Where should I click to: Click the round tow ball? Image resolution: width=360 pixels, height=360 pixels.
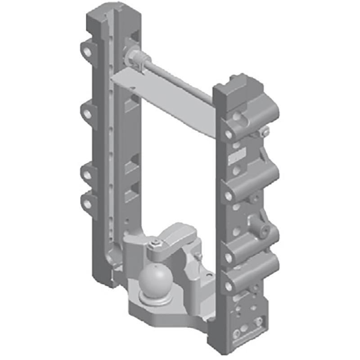point(153,282)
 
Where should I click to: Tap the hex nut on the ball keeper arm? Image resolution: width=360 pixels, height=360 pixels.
point(155,244)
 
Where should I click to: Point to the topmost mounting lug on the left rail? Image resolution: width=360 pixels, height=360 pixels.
point(86,51)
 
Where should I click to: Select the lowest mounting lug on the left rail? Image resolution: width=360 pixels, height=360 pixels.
point(86,201)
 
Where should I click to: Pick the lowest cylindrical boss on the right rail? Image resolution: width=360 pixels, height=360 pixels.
point(250,277)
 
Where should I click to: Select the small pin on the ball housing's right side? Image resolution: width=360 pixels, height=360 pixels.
point(198,256)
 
